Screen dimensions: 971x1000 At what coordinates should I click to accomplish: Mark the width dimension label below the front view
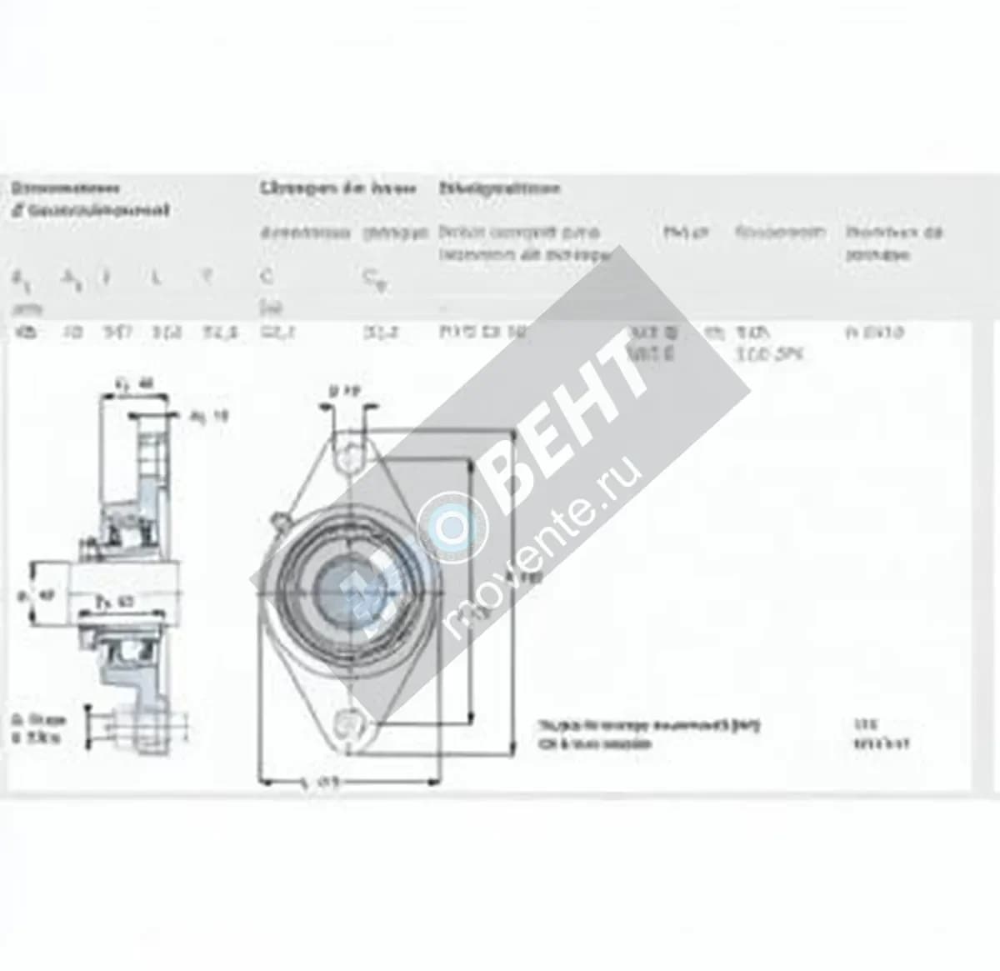tap(317, 783)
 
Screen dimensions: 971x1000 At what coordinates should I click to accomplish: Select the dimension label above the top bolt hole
tap(343, 389)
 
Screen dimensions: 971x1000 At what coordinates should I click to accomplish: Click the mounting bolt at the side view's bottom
tap(108, 725)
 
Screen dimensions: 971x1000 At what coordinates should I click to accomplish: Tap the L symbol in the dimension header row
tap(156, 278)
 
